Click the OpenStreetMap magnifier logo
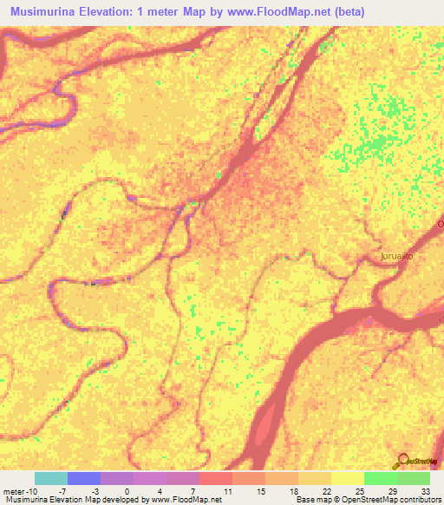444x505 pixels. [x=404, y=462]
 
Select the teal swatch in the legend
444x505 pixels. [x=51, y=478]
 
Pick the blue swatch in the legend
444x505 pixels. [x=84, y=478]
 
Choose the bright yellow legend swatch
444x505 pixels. [x=348, y=478]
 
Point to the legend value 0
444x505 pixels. [x=127, y=490]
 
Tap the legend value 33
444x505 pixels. [x=424, y=490]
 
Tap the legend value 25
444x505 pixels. [x=357, y=490]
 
